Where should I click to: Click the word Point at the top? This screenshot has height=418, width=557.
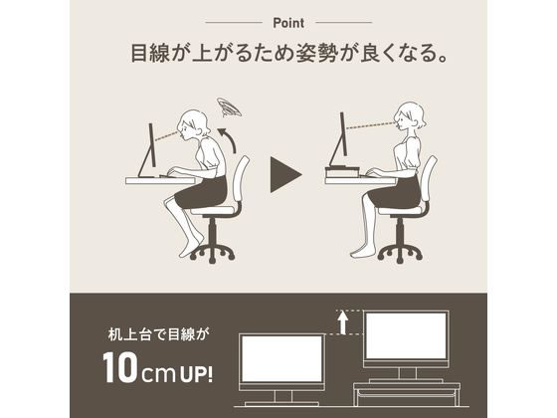pyautogui.click(x=278, y=22)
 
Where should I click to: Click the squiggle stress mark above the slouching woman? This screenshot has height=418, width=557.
pyautogui.click(x=232, y=105)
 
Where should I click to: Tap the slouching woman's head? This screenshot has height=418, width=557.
pyautogui.click(x=196, y=125)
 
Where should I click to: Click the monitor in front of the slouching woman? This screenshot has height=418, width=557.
pyautogui.click(x=149, y=144)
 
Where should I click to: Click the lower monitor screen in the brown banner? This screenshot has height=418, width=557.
pyautogui.click(x=281, y=360)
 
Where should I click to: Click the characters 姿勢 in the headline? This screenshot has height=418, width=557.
pyautogui.click(x=337, y=54)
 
